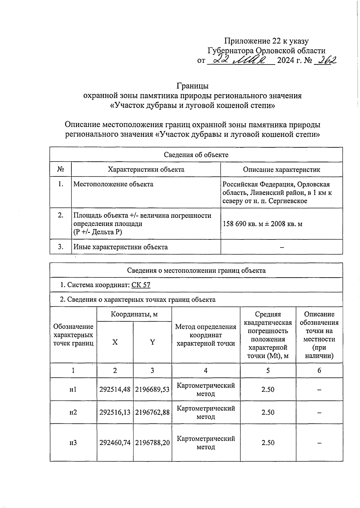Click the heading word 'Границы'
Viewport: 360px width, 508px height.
[x=192, y=86]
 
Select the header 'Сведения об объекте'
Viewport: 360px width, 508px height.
[x=196, y=155]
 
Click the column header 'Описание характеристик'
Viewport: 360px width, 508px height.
[x=281, y=170]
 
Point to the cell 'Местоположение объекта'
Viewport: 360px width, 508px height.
[x=113, y=184]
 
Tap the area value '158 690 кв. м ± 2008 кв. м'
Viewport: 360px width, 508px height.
[x=262, y=224]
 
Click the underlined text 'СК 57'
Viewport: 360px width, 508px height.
[x=141, y=285]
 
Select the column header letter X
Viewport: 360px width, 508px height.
[x=115, y=342]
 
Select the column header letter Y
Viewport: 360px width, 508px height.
[x=152, y=342]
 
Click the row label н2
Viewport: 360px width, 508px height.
[x=73, y=412]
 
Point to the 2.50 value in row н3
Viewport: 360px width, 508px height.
[x=268, y=443]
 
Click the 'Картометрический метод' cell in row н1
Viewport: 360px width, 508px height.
[x=206, y=389]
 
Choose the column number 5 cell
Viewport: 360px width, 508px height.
[x=268, y=371]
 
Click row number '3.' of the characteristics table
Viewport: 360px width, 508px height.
[x=61, y=247]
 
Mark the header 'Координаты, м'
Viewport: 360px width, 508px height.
[x=134, y=314]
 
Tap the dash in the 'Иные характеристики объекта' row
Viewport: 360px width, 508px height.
[x=281, y=247]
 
